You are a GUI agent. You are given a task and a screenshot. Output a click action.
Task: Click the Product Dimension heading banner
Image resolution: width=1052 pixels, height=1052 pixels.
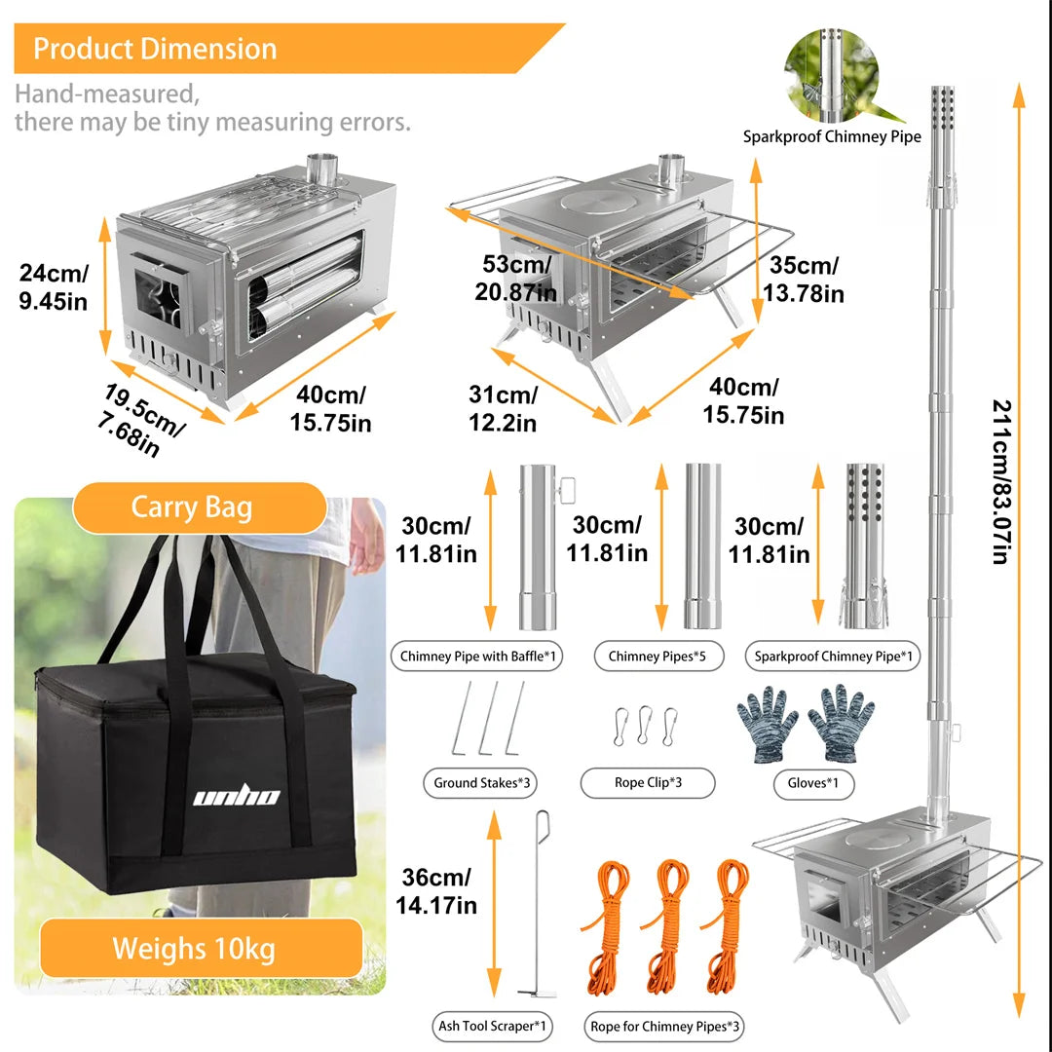pos(156,49)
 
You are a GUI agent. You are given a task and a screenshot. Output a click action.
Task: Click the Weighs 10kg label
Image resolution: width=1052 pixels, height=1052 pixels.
pos(195,948)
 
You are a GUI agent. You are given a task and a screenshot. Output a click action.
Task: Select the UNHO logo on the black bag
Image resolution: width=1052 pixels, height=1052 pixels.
pos(236,798)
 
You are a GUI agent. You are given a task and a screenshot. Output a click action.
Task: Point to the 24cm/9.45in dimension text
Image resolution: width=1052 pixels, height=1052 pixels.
pos(54,287)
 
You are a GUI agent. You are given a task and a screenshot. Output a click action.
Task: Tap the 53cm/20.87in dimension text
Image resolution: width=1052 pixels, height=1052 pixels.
pos(516,279)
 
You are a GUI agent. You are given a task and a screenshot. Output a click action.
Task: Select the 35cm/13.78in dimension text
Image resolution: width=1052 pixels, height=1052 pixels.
pos(803,280)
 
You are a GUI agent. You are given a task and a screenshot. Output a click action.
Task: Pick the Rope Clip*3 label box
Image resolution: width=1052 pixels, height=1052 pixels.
pos(647,782)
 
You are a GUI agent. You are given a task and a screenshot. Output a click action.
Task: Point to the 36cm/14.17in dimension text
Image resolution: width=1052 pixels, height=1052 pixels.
pos(436,890)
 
